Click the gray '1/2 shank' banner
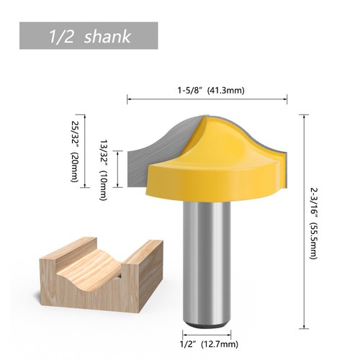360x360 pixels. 89,36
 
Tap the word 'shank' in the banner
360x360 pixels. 108,37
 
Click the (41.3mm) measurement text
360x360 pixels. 227,91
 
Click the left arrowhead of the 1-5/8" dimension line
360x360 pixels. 129,99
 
